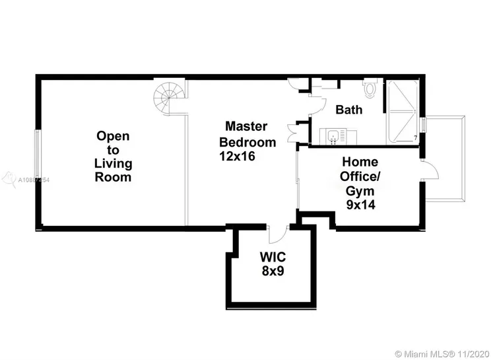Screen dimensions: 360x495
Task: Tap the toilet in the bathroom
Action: click(371, 88)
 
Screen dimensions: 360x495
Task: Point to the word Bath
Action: click(348, 110)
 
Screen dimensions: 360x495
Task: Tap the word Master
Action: click(246, 126)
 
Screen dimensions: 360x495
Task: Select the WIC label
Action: click(272, 256)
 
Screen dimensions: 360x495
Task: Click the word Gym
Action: click(360, 190)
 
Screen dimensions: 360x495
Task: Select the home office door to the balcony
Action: click(430, 170)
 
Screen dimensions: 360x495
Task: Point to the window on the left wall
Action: click(38, 156)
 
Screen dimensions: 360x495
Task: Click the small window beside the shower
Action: click(425, 126)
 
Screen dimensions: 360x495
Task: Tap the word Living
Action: click(113, 163)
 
